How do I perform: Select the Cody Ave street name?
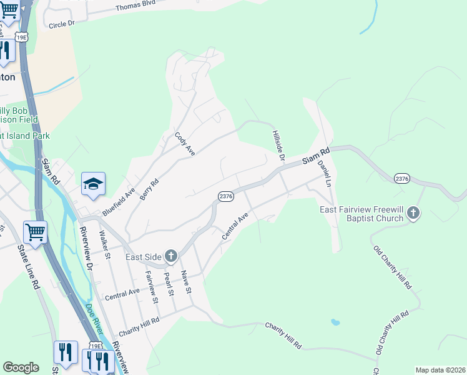185,145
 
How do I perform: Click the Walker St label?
104,245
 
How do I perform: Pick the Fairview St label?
150,286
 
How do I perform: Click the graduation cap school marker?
93,184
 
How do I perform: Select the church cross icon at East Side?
171,256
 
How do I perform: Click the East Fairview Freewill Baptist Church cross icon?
413,214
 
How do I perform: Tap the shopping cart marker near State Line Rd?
35,232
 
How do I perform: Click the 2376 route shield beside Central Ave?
226,196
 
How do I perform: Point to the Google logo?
21,367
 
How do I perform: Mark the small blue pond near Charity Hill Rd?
336,322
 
